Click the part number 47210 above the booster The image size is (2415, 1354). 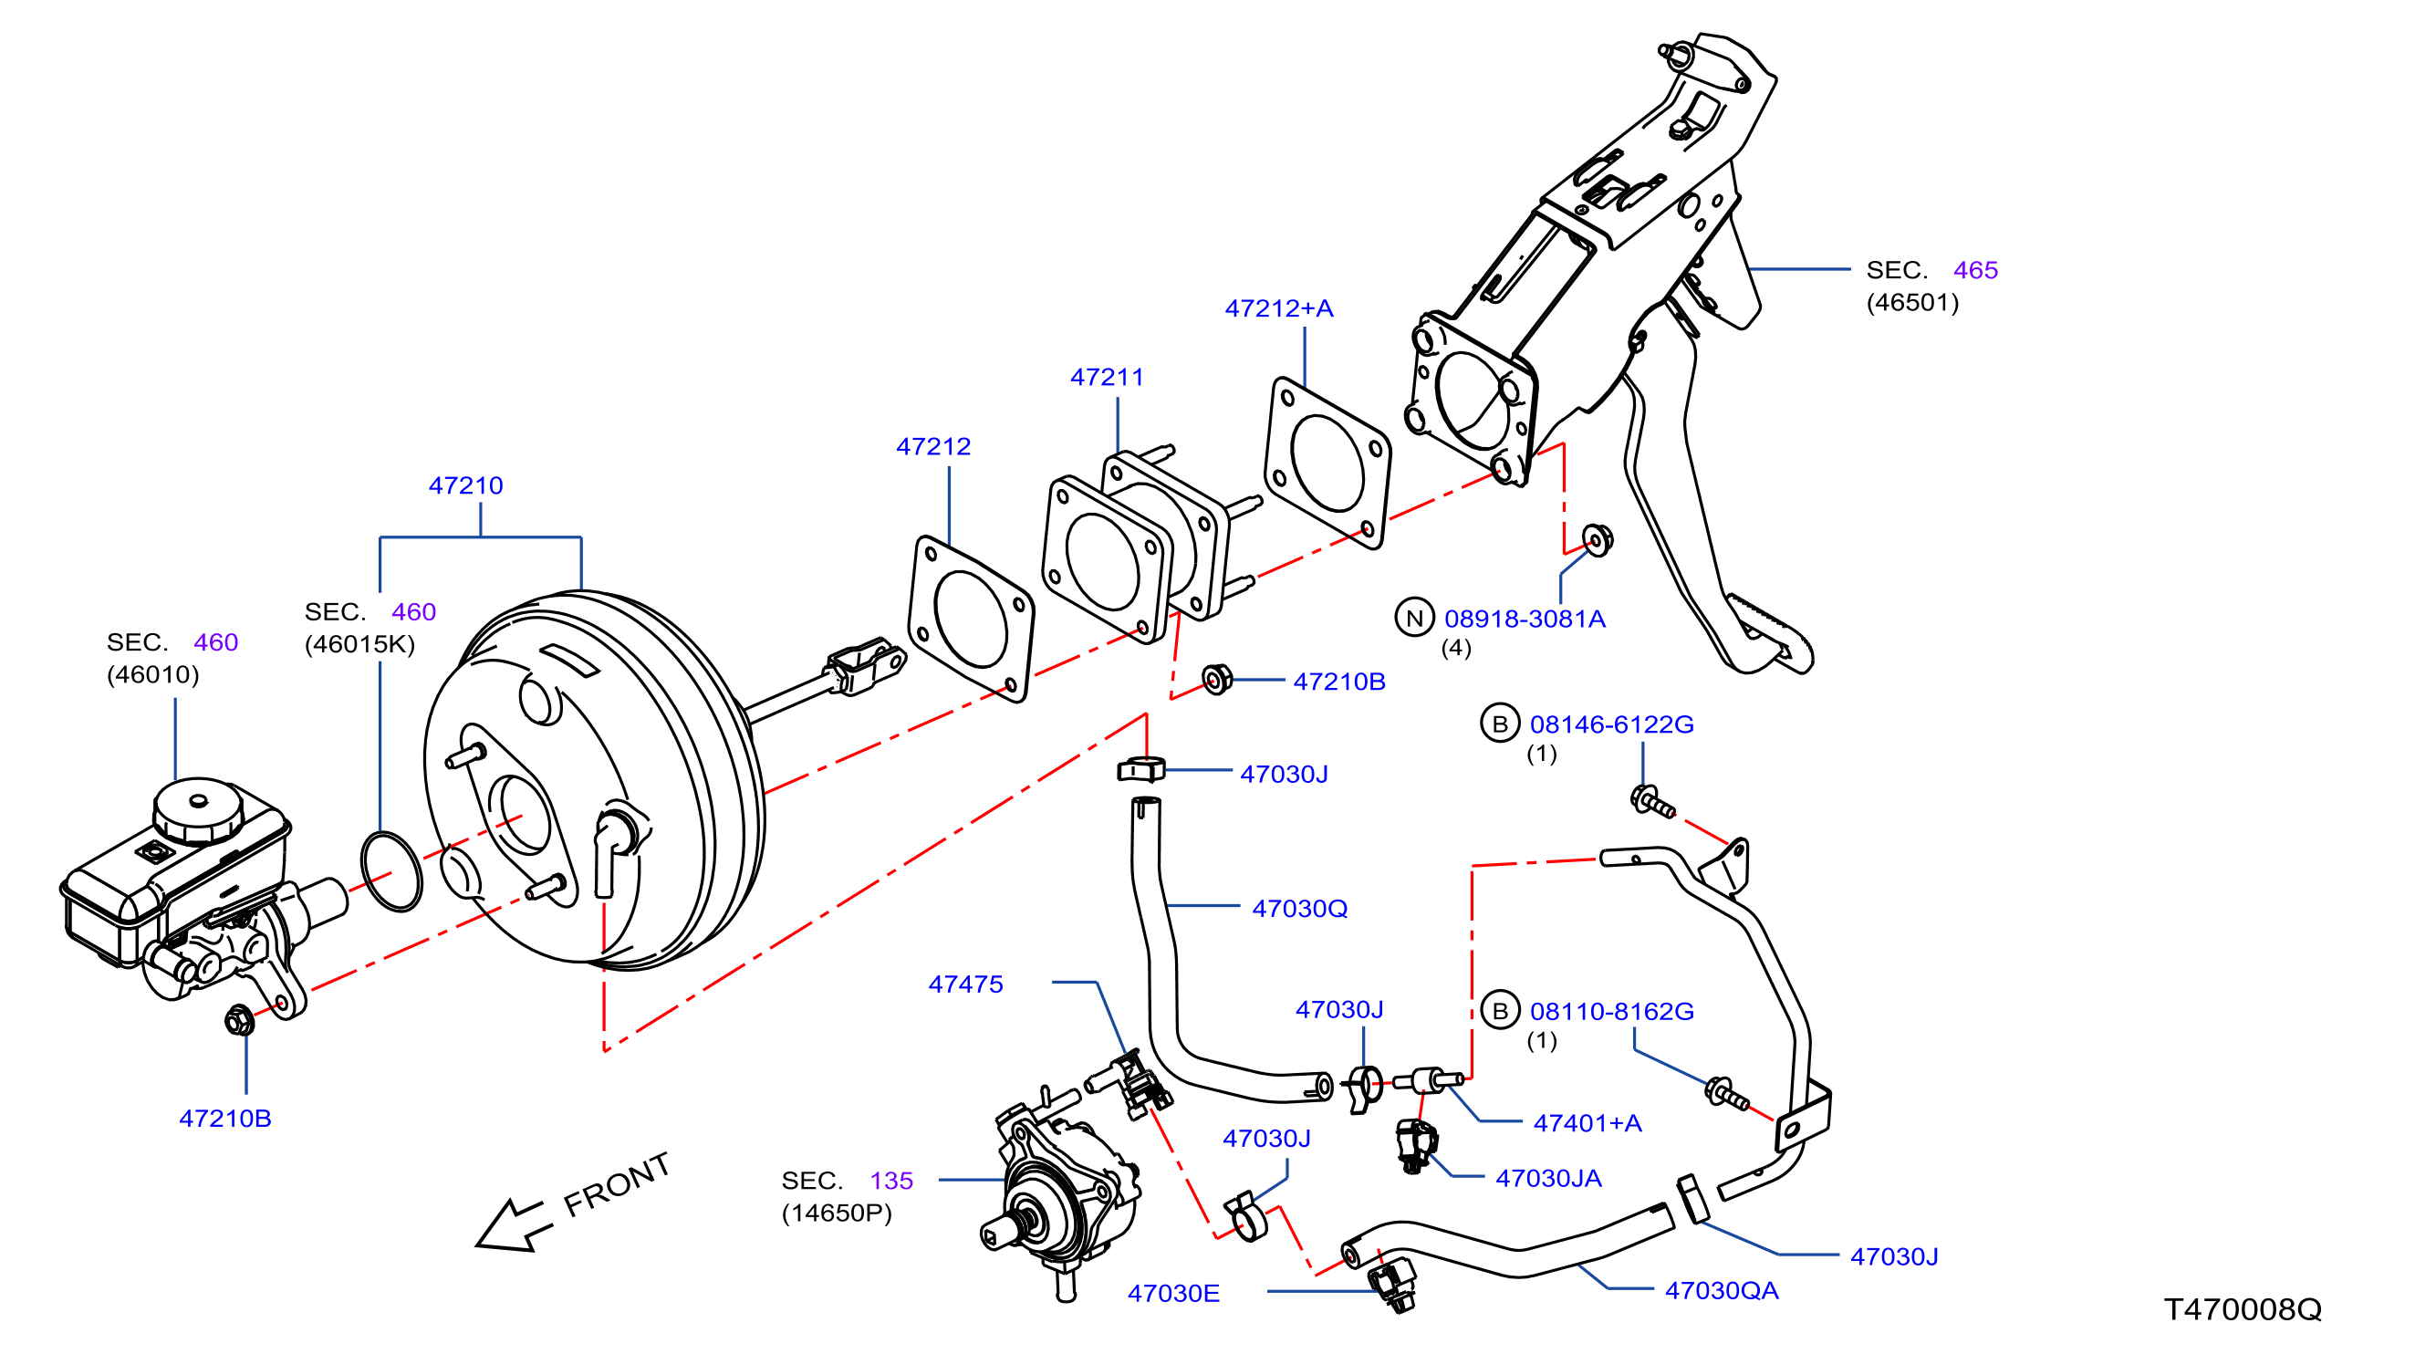[x=466, y=485]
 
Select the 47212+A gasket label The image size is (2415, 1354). [x=1279, y=308]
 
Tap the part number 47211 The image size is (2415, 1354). [x=1108, y=377]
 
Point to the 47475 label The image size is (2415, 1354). [x=965, y=984]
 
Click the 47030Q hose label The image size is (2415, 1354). [x=1300, y=909]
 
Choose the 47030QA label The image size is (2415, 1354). [x=1723, y=1291]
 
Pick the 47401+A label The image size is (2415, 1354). [x=1588, y=1123]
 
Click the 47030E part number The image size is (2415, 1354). [x=1174, y=1294]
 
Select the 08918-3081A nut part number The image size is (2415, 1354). [x=1525, y=619]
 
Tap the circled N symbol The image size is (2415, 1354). [x=1415, y=618]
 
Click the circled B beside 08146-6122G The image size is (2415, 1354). [x=1500, y=724]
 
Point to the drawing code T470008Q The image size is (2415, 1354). [x=2243, y=1309]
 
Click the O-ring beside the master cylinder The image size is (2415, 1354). [x=390, y=870]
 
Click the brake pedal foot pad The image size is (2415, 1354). [x=1770, y=634]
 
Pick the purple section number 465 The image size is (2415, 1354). [x=1976, y=270]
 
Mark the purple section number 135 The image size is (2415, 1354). [x=891, y=1181]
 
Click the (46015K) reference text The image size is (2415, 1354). [x=360, y=644]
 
